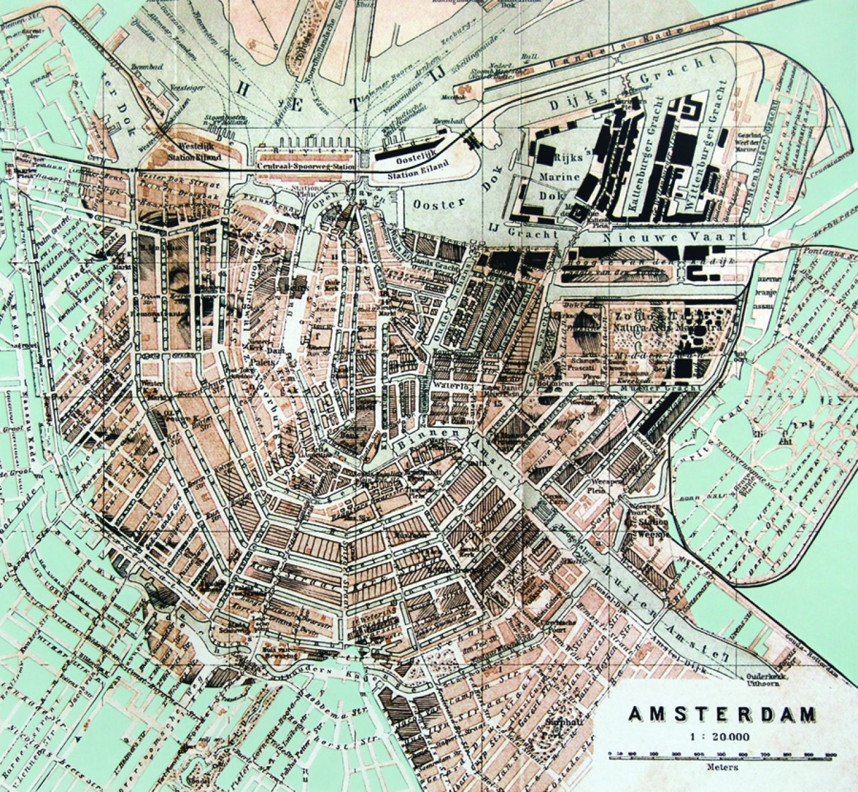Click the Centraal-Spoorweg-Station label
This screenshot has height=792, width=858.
click(x=306, y=167)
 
